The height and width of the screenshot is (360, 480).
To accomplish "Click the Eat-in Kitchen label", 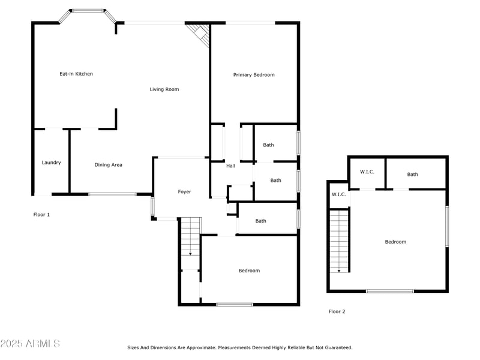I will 76,74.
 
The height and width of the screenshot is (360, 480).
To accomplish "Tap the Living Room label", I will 164,89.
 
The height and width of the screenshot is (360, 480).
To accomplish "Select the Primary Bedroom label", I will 254,75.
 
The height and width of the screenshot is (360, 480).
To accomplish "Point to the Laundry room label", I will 51,163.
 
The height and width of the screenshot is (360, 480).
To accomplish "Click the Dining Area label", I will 109,164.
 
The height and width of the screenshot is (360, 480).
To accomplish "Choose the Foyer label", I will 184,192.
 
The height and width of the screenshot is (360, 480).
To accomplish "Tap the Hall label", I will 230,166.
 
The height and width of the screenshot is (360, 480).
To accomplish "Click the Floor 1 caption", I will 41,214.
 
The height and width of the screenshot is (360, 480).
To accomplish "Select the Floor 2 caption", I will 337,311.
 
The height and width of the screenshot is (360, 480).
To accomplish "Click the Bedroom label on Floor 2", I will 395,242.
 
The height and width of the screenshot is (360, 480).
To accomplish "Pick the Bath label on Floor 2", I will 413,175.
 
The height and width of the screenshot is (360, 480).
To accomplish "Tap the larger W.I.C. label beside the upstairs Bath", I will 367,172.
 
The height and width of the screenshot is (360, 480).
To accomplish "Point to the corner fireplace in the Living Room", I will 199,34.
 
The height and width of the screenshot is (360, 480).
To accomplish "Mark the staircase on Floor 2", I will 339,240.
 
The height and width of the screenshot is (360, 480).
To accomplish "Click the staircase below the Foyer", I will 190,236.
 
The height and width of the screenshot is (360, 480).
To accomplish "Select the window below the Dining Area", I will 112,194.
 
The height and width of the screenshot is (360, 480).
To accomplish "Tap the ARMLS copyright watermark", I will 30,344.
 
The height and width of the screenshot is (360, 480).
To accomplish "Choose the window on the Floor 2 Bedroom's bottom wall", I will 389,291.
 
